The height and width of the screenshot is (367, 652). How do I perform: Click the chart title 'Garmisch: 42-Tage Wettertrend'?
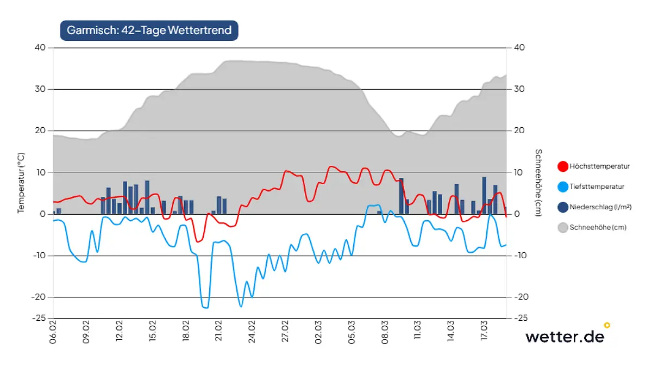pyautogui.click(x=149, y=30)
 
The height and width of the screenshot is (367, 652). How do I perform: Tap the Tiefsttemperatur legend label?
pyautogui.click(x=597, y=186)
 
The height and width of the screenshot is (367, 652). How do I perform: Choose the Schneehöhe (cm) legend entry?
pyautogui.click(x=598, y=228)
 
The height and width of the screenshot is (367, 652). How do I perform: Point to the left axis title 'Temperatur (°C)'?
pyautogui.click(x=21, y=183)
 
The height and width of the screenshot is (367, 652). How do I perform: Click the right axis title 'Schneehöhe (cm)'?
pyautogui.click(x=538, y=183)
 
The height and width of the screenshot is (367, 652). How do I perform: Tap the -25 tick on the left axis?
pyautogui.click(x=40, y=318)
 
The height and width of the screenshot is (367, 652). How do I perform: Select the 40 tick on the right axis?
pyautogui.click(x=518, y=47)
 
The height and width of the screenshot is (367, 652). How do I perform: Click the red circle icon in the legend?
pyautogui.click(x=563, y=166)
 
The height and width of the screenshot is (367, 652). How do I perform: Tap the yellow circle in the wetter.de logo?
pyautogui.click(x=607, y=325)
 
